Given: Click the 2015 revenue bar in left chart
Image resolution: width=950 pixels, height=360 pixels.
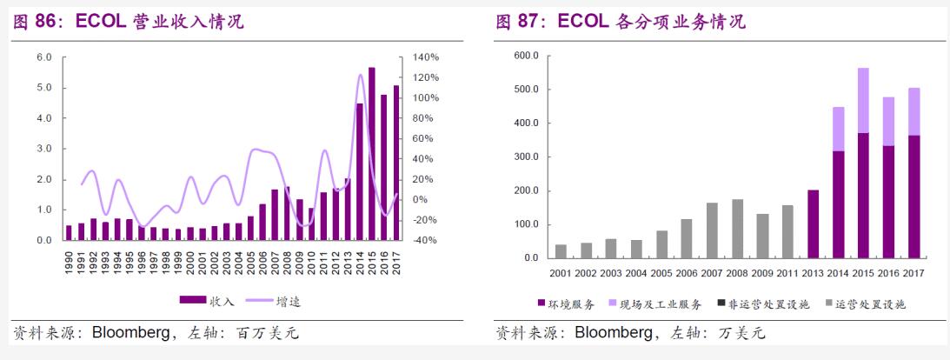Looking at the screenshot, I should [x=371, y=153].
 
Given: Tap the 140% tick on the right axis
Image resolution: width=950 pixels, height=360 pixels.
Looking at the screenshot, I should [x=425, y=57].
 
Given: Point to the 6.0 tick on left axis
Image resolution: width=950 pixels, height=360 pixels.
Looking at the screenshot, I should [x=44, y=57].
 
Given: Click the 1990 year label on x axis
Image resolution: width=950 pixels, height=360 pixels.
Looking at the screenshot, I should [x=70, y=262].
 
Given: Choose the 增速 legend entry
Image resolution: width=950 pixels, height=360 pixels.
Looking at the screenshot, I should [x=270, y=300].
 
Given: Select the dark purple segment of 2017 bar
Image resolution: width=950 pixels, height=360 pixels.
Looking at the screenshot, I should [x=913, y=197].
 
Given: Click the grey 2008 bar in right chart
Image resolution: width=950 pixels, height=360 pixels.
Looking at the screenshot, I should [x=738, y=229].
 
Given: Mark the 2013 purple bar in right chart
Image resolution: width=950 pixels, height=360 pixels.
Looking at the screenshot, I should [x=814, y=223].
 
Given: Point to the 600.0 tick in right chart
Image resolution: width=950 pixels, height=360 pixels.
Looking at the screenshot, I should [x=526, y=56].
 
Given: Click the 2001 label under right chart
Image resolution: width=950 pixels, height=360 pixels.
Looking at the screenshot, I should [x=561, y=273].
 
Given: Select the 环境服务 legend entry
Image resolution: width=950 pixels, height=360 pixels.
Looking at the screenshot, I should [x=563, y=303].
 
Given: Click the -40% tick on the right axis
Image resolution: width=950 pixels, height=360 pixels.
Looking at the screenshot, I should [x=425, y=241].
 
